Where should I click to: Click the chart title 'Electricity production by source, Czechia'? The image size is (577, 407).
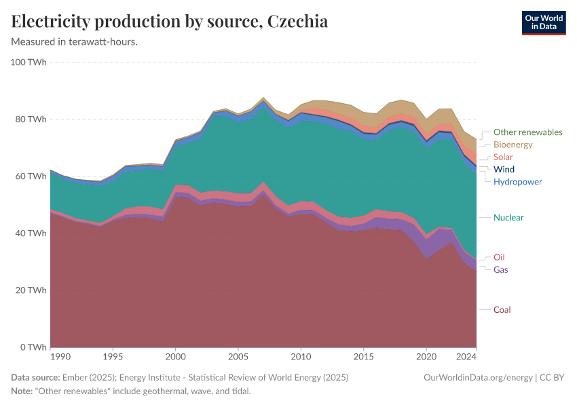pos(170,22)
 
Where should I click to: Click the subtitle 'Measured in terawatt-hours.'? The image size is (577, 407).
pos(75,42)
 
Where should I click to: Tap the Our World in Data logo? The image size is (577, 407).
pos(543,22)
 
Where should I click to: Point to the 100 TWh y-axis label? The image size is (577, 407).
pos(29,62)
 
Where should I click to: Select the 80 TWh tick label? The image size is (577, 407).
pos(31,119)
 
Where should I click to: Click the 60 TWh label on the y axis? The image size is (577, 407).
pos(31,176)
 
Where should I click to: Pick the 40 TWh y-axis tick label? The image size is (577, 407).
pos(31,233)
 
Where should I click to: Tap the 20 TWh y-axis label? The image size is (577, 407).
pos(31,290)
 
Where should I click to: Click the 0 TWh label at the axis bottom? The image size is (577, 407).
pos(33,347)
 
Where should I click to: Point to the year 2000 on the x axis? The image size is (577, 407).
pos(176,356)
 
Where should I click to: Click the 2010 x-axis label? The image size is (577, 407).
pos(301,356)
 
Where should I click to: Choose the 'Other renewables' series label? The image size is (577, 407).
pos(527,132)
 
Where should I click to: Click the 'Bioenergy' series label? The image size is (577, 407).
pos(513,144)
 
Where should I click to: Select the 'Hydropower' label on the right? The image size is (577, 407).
pos(517,182)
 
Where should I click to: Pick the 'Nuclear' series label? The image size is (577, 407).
pos(508,218)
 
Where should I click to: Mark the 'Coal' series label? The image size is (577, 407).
pos(502,310)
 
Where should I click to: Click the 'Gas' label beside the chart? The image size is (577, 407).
pos(500,270)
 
